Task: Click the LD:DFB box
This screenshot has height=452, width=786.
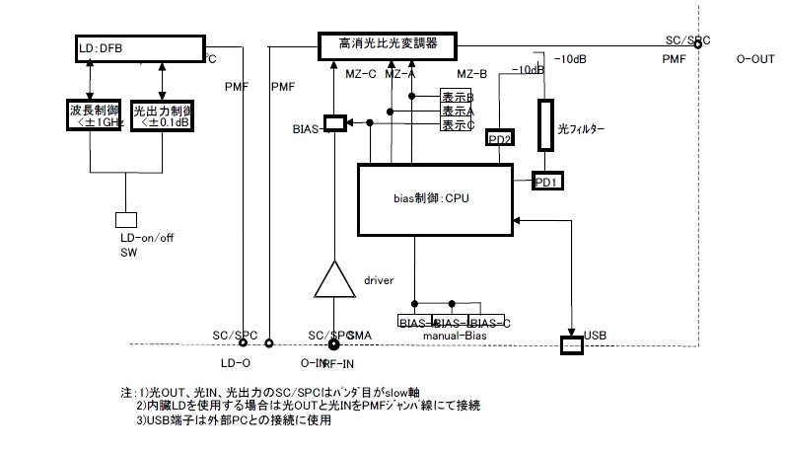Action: coord(137,47)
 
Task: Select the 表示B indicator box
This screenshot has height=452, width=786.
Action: coord(458,98)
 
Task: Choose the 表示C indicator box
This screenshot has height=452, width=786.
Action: coord(458,125)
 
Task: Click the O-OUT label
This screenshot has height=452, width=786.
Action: coord(755,59)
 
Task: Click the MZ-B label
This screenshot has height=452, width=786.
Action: coord(472,74)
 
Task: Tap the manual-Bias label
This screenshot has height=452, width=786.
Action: coord(456,336)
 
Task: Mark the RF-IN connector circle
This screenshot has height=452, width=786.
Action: coord(334,342)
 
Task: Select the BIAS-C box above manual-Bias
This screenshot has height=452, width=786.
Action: coord(490,323)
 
